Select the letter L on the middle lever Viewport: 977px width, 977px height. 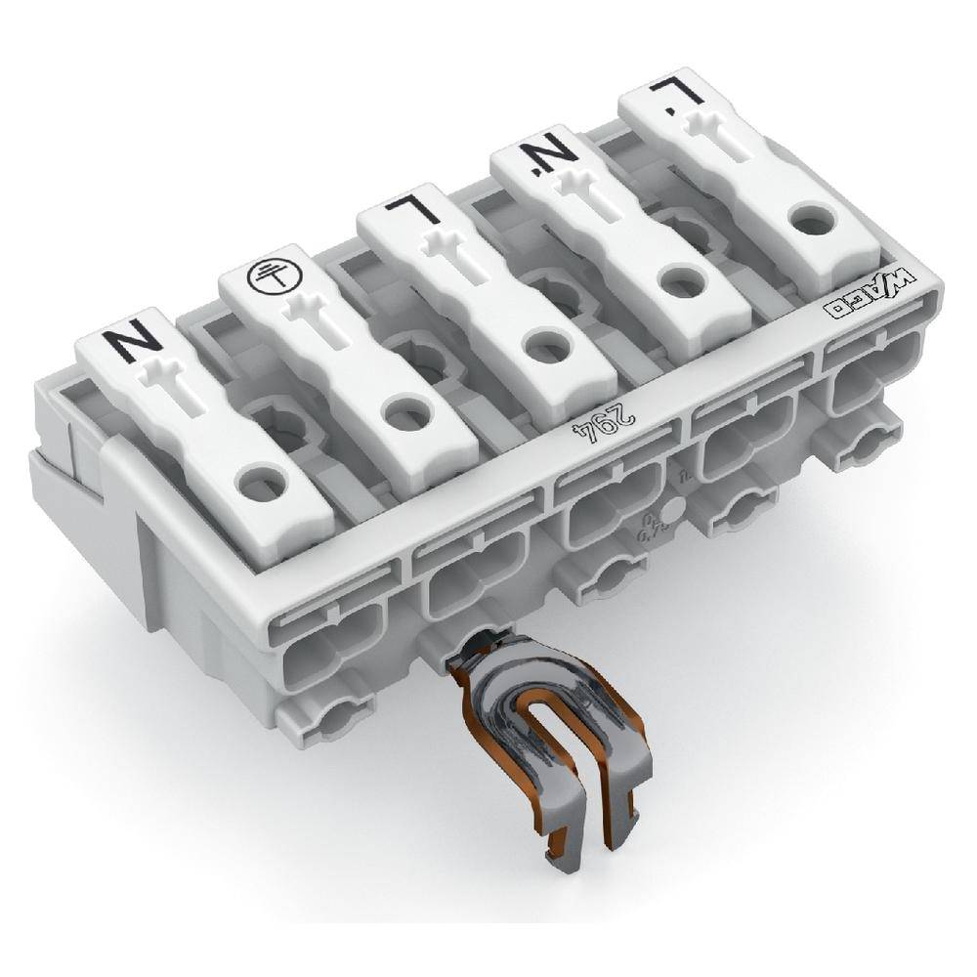(x=403, y=208)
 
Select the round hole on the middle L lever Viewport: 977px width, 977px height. (x=540, y=344)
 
